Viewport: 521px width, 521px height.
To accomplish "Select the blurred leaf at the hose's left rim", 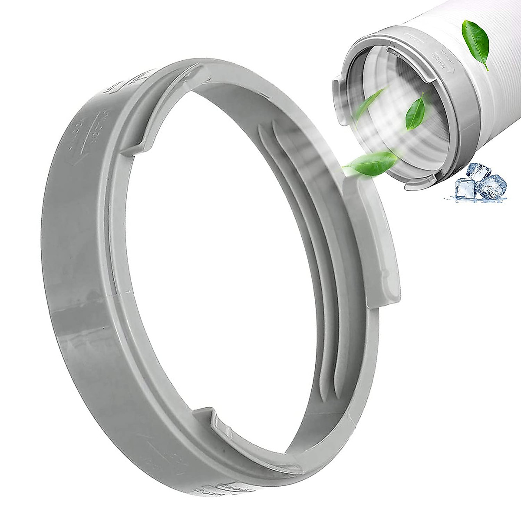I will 374,98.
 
